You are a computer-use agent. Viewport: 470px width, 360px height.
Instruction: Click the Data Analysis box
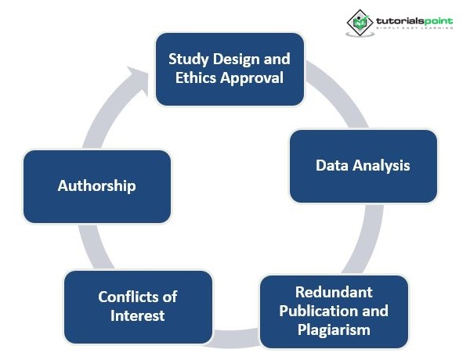tap(363, 166)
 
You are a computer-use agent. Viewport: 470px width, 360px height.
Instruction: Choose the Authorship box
tap(97, 186)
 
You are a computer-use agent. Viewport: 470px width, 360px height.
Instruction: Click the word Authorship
tap(97, 186)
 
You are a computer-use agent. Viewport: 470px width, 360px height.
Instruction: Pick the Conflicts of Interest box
tap(138, 307)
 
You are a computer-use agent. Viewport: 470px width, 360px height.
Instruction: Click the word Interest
tap(138, 316)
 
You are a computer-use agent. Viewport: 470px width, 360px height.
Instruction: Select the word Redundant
tap(334, 293)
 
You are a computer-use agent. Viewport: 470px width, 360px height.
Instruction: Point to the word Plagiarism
tap(334, 329)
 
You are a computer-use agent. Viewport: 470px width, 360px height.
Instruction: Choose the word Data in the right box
tap(331, 166)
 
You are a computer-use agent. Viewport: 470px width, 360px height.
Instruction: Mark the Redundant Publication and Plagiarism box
tap(334, 311)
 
